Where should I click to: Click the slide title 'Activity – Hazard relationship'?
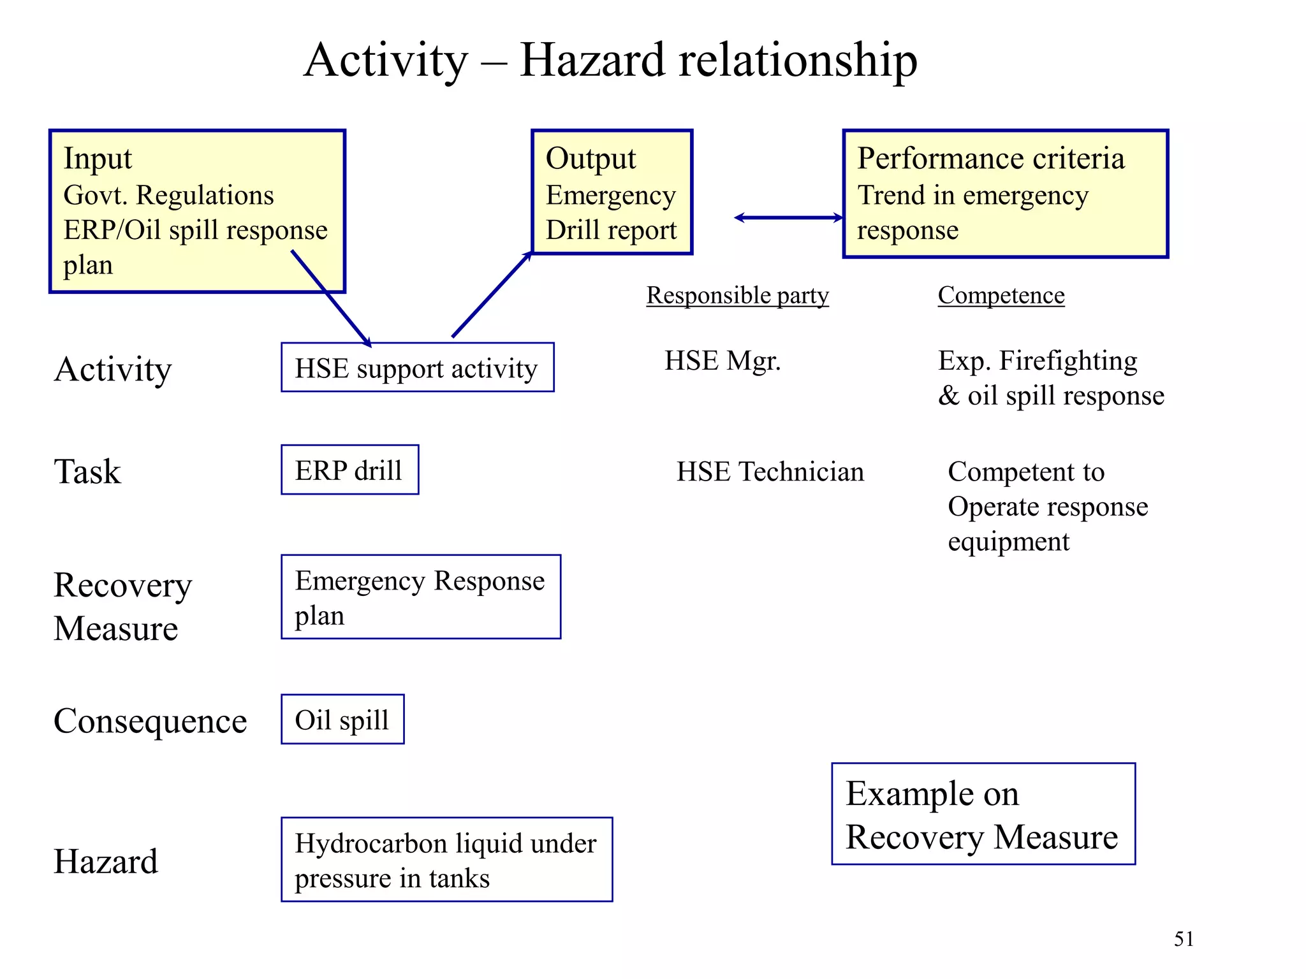coord(610,61)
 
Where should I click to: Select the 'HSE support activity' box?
coord(417,368)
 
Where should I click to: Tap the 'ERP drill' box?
coord(349,470)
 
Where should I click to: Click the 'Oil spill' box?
coord(342,720)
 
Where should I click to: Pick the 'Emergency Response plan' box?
coord(420,597)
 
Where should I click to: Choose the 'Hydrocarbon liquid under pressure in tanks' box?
coord(446,860)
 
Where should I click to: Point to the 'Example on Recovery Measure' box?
coord(983,814)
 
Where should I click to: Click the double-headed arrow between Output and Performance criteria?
coord(788,218)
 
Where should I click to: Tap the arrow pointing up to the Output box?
coord(491,295)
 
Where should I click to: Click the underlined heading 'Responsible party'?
coord(737,295)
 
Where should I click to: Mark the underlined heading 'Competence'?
coord(1001,295)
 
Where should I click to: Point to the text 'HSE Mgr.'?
coord(723,361)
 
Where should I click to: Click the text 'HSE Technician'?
coord(770,472)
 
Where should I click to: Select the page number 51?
coord(1184,939)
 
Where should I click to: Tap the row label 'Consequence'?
coord(150,722)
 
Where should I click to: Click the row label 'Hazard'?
coord(106,862)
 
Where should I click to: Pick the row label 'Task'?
coord(87,472)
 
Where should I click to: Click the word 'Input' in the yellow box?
coord(98,158)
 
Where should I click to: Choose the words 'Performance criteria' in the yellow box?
coord(990,158)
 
